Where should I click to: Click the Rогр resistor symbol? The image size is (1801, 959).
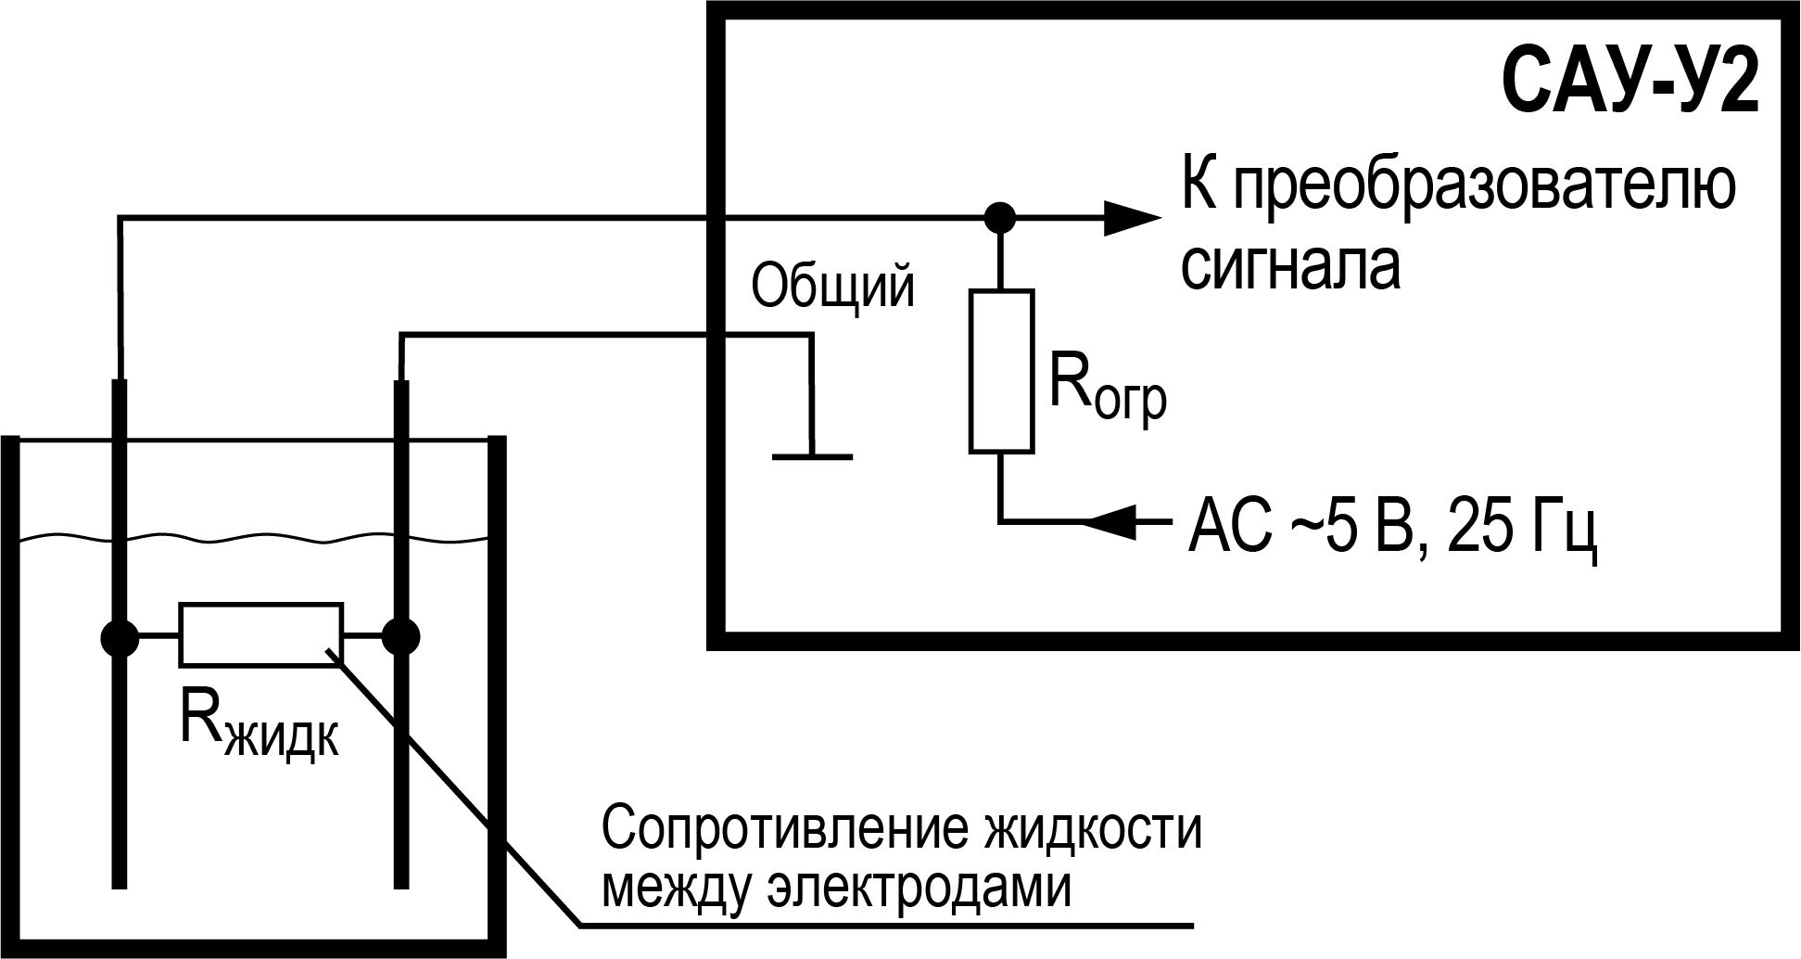pos(1001,371)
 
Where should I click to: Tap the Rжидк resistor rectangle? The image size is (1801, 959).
pos(260,635)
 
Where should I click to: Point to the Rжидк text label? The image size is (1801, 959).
pos(259,727)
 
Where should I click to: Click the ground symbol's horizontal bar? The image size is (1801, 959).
pos(811,456)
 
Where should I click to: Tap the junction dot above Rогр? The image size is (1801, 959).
pos(999,218)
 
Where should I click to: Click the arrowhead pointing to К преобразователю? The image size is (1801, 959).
pos(1131,219)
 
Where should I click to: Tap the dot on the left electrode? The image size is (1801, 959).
pos(119,637)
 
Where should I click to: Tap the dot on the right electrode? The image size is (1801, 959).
pos(401,637)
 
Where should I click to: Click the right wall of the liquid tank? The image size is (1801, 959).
pos(497,696)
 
